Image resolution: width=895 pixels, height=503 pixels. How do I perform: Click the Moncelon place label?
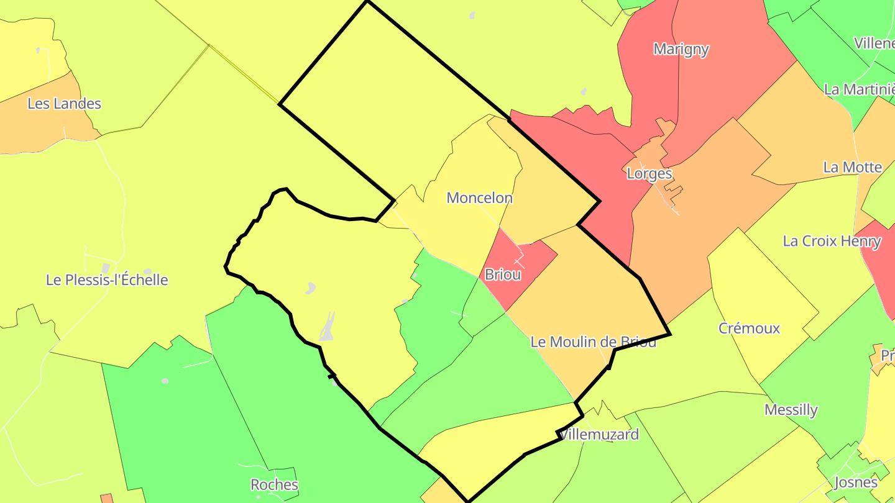tap(480, 198)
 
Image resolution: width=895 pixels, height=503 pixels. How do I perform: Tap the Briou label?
tap(502, 274)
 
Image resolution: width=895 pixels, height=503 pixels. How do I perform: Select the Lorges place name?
tap(649, 174)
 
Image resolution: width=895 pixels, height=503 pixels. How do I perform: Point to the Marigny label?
tap(681, 50)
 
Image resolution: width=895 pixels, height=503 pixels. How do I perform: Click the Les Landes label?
tap(64, 104)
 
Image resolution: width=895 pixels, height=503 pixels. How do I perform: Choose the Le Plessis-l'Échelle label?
tap(107, 280)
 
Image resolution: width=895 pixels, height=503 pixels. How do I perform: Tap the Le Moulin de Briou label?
tap(593, 342)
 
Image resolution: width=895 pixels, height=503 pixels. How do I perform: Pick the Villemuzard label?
tap(599, 435)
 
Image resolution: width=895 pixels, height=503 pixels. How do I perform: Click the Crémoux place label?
tap(749, 329)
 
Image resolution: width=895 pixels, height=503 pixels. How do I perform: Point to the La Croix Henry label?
tap(832, 241)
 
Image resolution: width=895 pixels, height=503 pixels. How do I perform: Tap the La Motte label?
tap(852, 167)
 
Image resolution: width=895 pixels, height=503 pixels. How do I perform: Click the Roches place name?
tap(274, 484)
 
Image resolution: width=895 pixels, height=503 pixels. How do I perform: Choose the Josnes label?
tap(856, 483)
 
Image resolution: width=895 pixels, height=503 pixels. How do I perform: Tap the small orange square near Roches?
tap(106, 499)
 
